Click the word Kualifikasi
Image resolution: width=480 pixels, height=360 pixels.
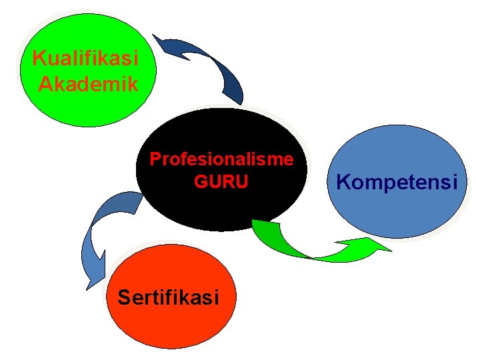coord(85,59)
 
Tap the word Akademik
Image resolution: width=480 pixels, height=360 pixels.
coord(88,84)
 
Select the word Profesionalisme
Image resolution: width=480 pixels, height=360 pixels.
coord(221,159)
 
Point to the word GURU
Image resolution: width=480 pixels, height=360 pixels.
coord(221,181)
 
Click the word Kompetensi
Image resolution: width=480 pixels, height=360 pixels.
coord(397,181)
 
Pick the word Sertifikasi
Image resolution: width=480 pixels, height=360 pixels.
coord(168,297)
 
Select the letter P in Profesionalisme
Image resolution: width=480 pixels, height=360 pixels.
coord(155,159)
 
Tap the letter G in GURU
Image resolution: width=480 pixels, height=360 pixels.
coord(200,181)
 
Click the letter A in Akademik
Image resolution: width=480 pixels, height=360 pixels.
coord(45,84)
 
